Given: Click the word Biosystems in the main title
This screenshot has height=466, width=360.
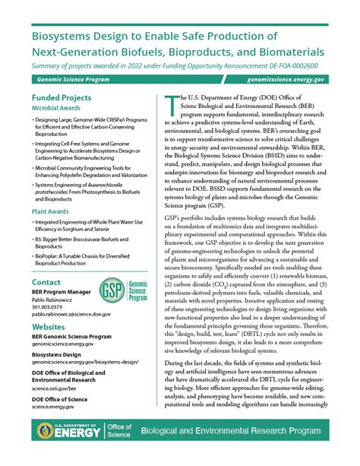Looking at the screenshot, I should [66, 36].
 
